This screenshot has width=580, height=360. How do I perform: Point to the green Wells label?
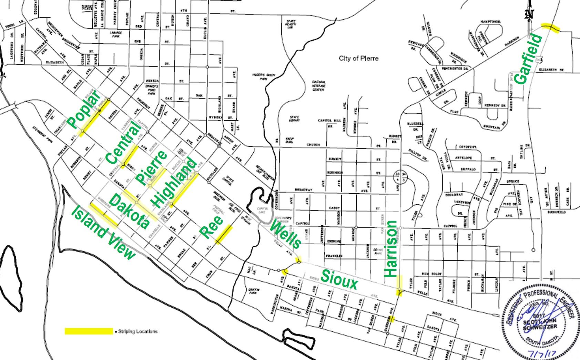[286, 235]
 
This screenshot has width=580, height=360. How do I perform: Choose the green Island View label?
[103, 233]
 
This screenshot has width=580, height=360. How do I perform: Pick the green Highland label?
[175, 183]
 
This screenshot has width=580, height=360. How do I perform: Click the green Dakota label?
[130, 211]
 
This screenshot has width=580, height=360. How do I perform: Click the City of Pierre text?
[358, 58]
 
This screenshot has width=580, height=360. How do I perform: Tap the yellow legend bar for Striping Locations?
[89, 331]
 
